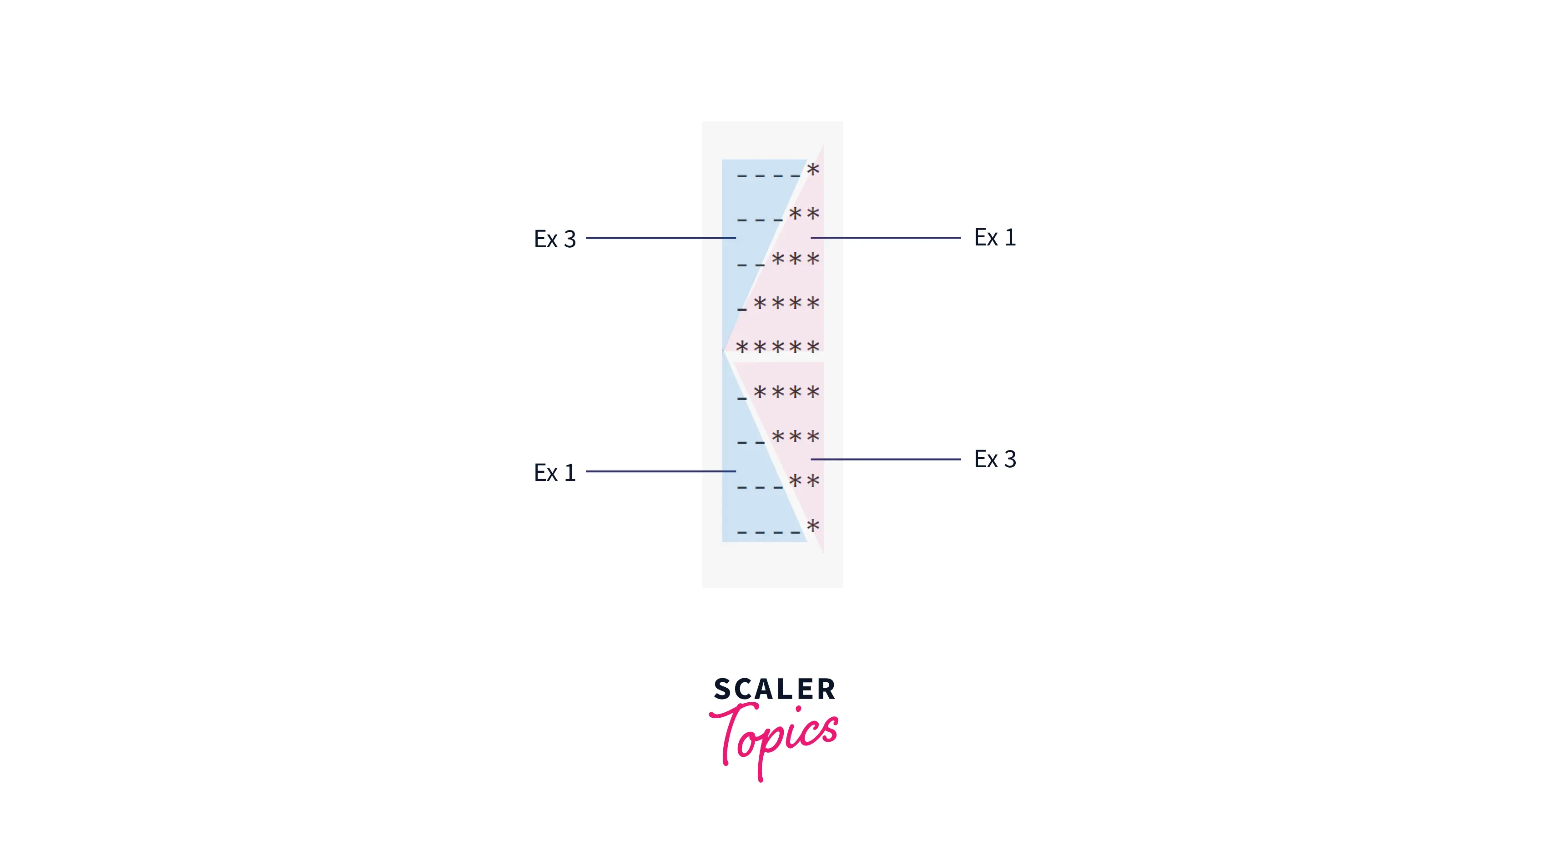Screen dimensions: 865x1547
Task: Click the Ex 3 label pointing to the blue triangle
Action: click(554, 239)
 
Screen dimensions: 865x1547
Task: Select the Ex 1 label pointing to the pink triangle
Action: click(994, 238)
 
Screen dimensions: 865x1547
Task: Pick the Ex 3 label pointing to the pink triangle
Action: click(994, 459)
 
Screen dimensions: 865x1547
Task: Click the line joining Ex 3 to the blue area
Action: click(660, 238)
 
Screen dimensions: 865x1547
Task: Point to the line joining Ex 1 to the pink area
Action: click(885, 238)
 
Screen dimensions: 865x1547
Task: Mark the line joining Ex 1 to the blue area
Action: click(660, 471)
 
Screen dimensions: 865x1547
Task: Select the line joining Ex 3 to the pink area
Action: click(885, 459)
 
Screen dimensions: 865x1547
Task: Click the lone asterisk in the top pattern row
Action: click(812, 170)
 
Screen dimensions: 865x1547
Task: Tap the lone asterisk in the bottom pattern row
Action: click(812, 526)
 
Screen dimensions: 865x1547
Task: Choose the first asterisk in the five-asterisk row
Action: click(742, 347)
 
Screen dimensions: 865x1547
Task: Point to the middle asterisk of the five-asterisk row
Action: click(778, 347)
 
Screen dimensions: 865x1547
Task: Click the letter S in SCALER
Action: click(722, 689)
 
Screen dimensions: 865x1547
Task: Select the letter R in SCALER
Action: click(826, 689)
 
